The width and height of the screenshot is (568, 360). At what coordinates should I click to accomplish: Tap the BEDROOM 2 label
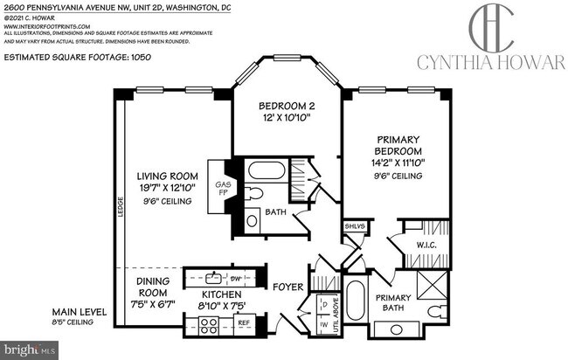[285, 107]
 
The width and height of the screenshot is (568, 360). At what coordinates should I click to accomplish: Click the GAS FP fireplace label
[223, 190]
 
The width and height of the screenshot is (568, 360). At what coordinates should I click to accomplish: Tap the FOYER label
[287, 284]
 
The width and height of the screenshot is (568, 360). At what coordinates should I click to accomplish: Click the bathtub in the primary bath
[357, 301]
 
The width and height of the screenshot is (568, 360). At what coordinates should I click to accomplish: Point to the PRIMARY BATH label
[398, 303]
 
